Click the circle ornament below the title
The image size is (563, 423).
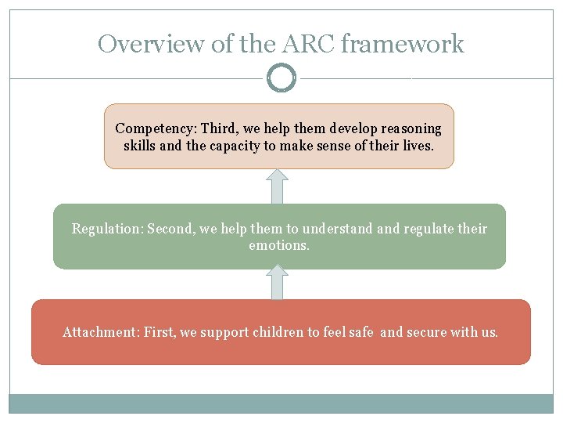tap(281, 78)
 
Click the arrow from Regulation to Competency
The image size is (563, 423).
tap(278, 186)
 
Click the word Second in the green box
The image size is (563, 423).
tap(170, 229)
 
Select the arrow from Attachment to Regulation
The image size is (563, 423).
tap(278, 282)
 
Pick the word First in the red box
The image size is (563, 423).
tap(160, 332)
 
